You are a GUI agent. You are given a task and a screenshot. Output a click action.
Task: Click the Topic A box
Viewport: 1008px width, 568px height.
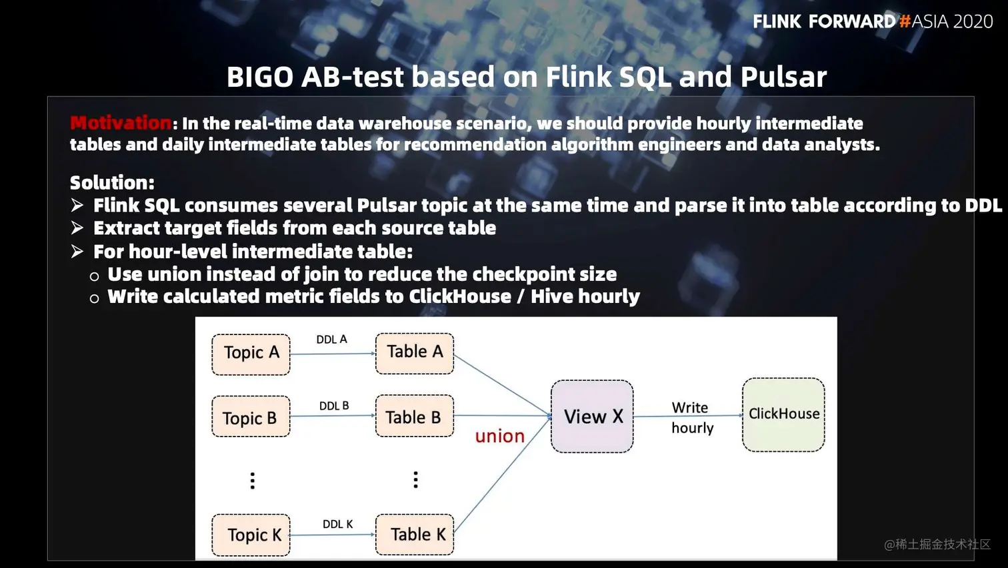pos(251,354)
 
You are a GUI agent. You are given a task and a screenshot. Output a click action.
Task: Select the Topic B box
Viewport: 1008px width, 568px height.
pos(251,417)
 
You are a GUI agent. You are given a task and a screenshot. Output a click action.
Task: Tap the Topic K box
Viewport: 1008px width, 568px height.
pos(251,535)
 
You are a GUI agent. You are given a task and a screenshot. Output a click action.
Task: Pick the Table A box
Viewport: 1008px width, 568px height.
pos(415,352)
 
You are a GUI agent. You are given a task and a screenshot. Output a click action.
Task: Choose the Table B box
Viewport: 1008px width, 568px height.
pos(415,416)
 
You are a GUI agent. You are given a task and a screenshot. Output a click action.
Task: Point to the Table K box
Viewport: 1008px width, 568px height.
pos(415,534)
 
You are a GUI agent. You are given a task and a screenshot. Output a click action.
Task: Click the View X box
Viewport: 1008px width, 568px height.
pos(592,416)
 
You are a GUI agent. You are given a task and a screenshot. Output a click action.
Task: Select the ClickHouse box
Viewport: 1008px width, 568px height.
pos(783,414)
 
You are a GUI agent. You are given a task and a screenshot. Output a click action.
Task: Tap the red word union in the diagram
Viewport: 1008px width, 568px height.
pos(500,437)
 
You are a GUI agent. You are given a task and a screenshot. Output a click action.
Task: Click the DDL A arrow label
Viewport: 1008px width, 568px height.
pos(331,340)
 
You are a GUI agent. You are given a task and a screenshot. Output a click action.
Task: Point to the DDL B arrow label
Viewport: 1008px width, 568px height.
pos(334,406)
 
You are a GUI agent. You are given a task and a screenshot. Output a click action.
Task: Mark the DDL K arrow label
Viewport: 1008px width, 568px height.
pos(337,525)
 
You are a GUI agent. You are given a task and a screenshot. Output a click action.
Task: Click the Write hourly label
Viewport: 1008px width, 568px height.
pos(692,418)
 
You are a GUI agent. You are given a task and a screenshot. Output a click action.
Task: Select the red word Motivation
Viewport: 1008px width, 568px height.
pos(121,123)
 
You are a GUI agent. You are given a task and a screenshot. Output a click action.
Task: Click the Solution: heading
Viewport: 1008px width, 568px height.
pos(112,183)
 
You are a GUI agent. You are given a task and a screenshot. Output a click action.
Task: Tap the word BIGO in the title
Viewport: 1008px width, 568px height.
pos(259,77)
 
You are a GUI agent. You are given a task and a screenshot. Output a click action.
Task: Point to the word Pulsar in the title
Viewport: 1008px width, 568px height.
pos(783,77)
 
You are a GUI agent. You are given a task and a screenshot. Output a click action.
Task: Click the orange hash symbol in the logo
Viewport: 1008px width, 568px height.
pos(905,21)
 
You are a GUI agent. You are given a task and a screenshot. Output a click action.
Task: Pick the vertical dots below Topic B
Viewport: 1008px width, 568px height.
pos(252,481)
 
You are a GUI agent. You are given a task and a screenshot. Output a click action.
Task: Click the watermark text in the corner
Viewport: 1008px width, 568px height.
pos(937,545)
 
